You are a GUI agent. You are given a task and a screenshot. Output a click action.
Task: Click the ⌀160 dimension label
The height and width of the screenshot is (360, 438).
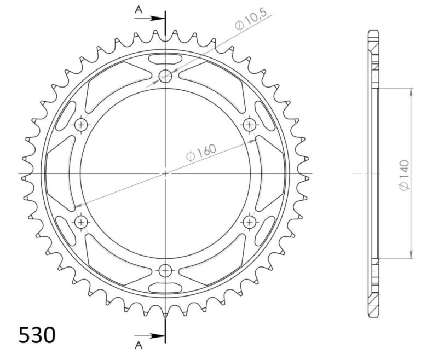[x=201, y=153]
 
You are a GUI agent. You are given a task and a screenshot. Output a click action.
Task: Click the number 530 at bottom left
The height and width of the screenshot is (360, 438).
[x=37, y=335]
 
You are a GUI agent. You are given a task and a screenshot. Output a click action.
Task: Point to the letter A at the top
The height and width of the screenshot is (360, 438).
[x=139, y=9]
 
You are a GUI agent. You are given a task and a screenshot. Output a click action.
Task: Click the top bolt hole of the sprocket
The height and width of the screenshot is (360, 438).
[x=165, y=76]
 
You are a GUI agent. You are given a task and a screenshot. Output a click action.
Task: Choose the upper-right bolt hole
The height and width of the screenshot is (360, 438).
[x=250, y=125]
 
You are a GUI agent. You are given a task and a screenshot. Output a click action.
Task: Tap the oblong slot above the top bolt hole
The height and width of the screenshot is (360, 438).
[x=165, y=58]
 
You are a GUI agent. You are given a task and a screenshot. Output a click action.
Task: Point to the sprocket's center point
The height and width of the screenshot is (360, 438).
[x=165, y=173]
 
